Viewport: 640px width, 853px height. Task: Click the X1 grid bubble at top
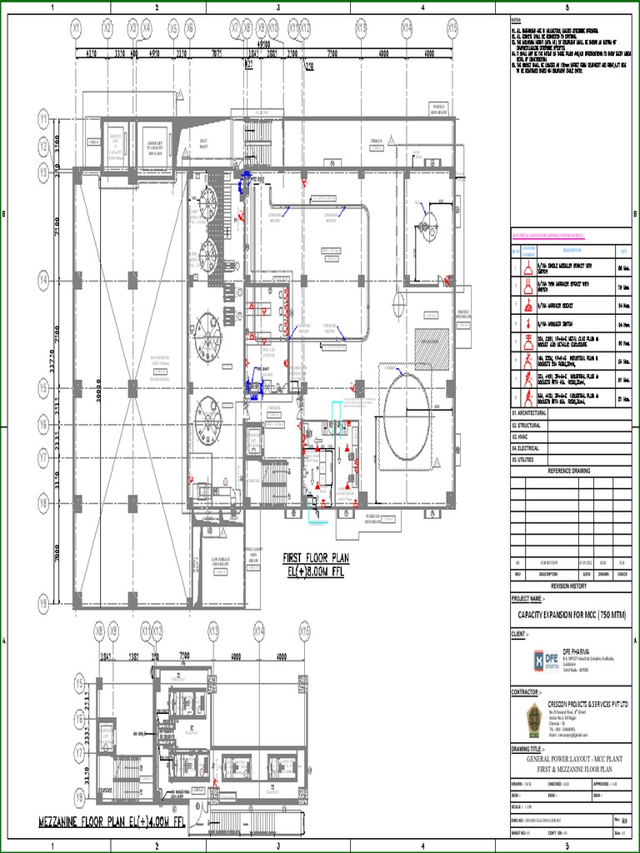click(77, 28)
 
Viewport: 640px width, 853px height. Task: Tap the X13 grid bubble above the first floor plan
click(361, 28)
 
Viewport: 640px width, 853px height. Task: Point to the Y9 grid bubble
click(43, 601)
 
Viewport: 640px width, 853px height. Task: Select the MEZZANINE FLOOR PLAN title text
click(112, 822)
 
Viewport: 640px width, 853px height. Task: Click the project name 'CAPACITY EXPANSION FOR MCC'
click(572, 616)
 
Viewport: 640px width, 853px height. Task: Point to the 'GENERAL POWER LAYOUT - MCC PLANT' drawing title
click(572, 761)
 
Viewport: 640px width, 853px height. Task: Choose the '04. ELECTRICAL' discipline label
click(525, 448)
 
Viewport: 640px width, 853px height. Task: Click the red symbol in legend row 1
click(527, 268)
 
